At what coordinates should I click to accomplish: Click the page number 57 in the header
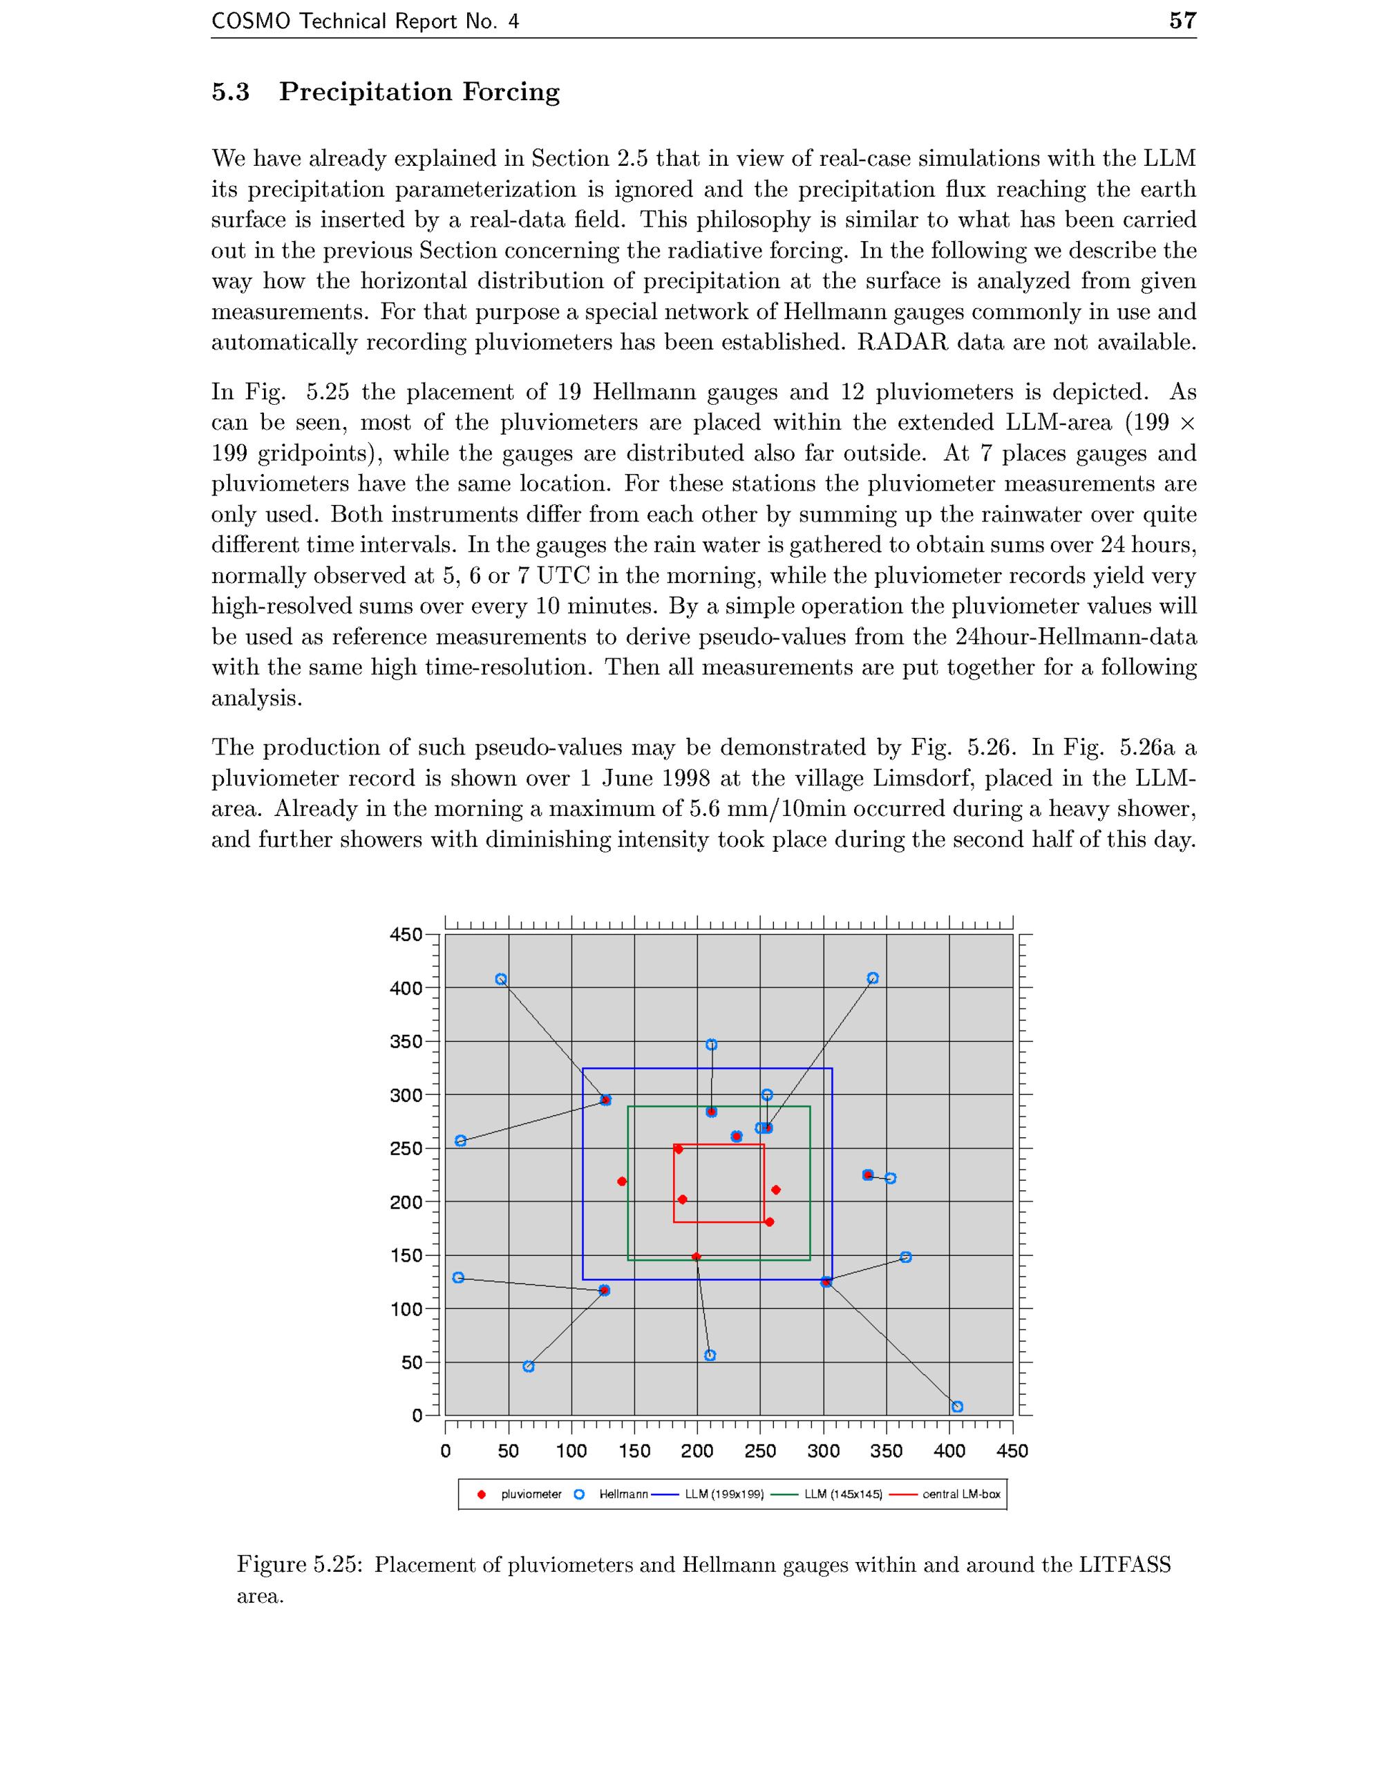coord(1182,21)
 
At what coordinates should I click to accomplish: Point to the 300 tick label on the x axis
coord(823,1452)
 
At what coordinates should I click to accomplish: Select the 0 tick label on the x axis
coord(446,1452)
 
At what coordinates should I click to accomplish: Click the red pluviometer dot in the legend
coord(482,1494)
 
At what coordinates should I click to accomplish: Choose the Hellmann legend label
coord(623,1494)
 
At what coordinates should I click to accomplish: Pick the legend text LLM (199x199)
coord(723,1494)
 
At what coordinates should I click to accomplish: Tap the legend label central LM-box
coord(961,1494)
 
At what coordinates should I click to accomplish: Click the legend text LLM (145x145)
coord(843,1494)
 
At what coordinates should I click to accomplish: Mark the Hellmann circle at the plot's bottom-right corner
coord(957,1407)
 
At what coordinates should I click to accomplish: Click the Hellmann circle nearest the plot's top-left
coord(501,979)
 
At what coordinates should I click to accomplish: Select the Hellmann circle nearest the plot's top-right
coord(873,978)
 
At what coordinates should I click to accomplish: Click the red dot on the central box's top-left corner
coord(678,1149)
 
